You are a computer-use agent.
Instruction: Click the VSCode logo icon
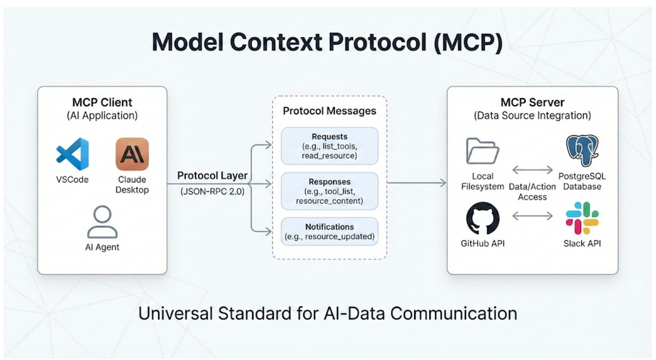[x=72, y=154]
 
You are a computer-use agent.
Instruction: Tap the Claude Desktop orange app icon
[x=132, y=154]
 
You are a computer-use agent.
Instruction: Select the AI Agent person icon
[x=102, y=222]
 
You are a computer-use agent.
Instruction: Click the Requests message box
[x=329, y=146]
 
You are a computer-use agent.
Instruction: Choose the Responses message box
[x=329, y=191]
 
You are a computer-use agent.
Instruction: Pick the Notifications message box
[x=329, y=232]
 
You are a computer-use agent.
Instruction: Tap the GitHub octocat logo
[x=483, y=218]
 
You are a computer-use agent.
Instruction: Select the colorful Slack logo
[x=582, y=218]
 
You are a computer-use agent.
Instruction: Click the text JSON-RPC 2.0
[x=212, y=191]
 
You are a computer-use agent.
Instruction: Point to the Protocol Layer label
[x=212, y=175]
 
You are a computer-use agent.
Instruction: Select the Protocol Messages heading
[x=329, y=111]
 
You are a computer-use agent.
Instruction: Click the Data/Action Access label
[x=532, y=191]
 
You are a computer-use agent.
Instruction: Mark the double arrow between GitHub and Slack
[x=532, y=216]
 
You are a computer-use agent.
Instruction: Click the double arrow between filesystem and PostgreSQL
[x=532, y=170]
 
